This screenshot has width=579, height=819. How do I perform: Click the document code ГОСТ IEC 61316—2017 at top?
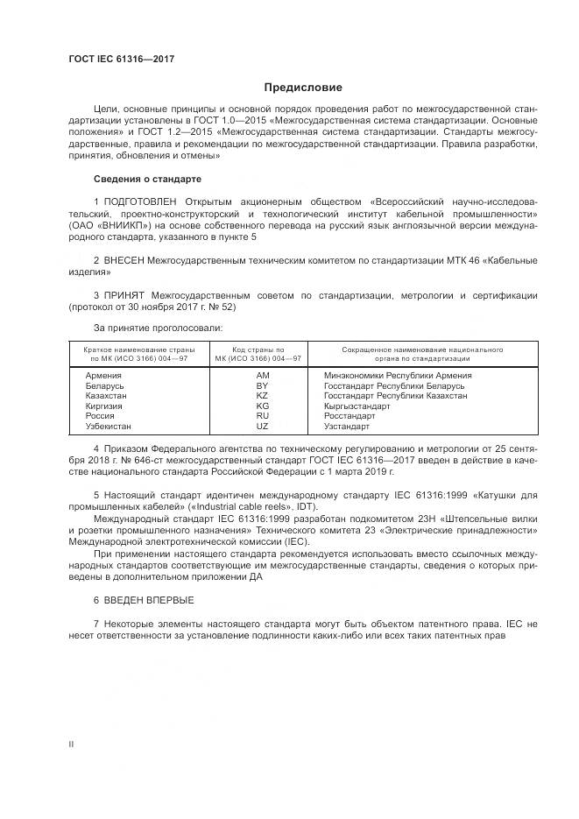click(x=122, y=60)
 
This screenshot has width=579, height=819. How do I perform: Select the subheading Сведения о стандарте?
click(x=147, y=179)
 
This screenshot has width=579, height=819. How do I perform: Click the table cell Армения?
click(x=103, y=375)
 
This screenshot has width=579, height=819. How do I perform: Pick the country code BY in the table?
click(x=262, y=385)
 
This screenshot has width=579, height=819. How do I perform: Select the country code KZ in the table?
click(x=262, y=396)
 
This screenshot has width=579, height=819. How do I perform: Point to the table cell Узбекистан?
click(x=109, y=427)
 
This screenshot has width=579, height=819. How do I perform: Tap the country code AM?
click(x=262, y=375)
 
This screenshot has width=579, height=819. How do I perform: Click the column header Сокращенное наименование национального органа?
click(x=409, y=354)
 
